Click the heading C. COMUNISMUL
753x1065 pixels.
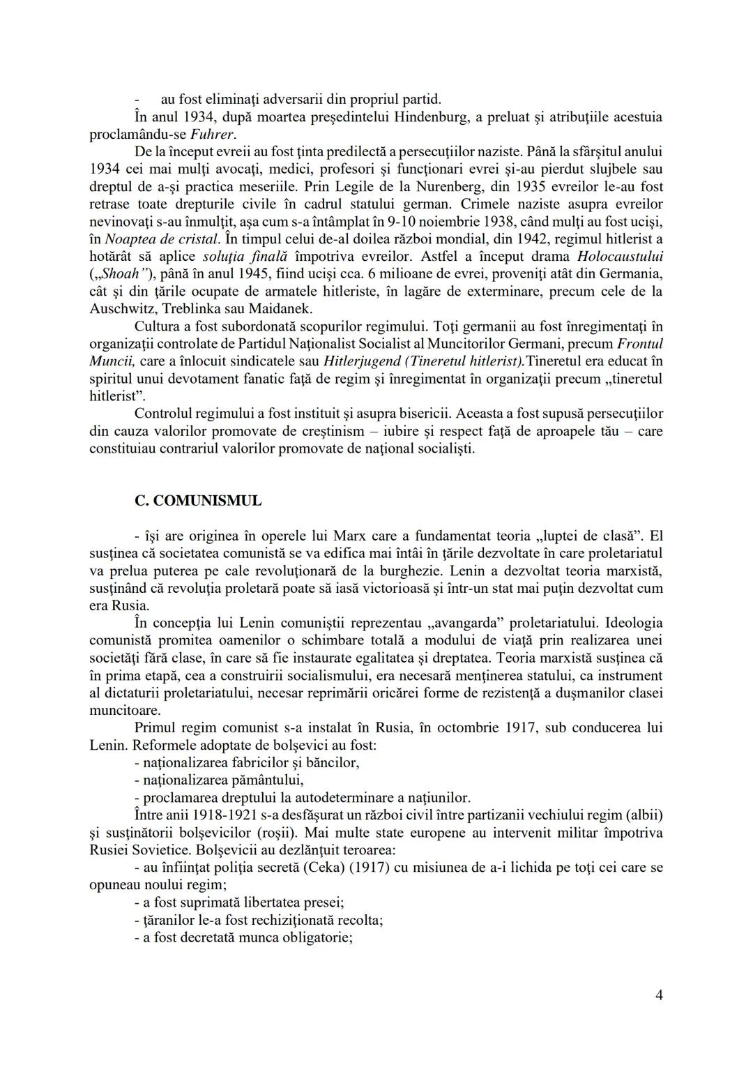(x=198, y=501)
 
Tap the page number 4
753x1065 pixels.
(x=659, y=995)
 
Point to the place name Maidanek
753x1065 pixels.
(x=280, y=308)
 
